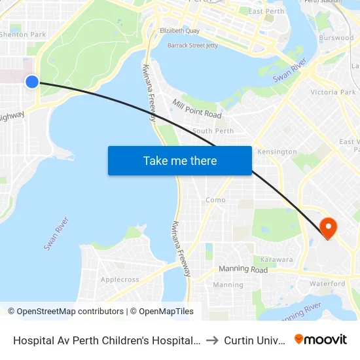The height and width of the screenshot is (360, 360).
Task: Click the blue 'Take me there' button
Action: pos(180,160)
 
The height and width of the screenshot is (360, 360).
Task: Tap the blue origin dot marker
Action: pos(32,81)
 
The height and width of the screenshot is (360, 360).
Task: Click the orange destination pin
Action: pos(327,228)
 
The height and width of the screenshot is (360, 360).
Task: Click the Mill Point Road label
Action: pos(197,109)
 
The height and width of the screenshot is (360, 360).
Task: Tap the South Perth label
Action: pos(213,131)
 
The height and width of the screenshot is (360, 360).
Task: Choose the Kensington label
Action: pos(277,152)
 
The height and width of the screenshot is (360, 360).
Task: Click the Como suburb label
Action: pos(215,200)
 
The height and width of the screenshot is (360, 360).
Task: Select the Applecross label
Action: pos(120,279)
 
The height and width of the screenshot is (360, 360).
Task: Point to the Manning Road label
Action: pos(243,270)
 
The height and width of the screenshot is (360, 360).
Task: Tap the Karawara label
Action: pos(276,259)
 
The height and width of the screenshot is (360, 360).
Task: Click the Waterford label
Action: pos(328,283)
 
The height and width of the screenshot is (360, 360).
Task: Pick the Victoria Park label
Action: pos(333,92)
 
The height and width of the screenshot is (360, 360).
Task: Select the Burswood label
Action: pos(336,38)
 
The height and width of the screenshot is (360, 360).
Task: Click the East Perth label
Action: pos(266,12)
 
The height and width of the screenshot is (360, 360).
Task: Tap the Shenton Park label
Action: pos(23,35)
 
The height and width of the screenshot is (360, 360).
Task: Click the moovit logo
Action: pos(320,339)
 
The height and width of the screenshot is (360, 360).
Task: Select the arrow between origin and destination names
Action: pos(211,340)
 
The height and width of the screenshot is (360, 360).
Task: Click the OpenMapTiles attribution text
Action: pos(162,312)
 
